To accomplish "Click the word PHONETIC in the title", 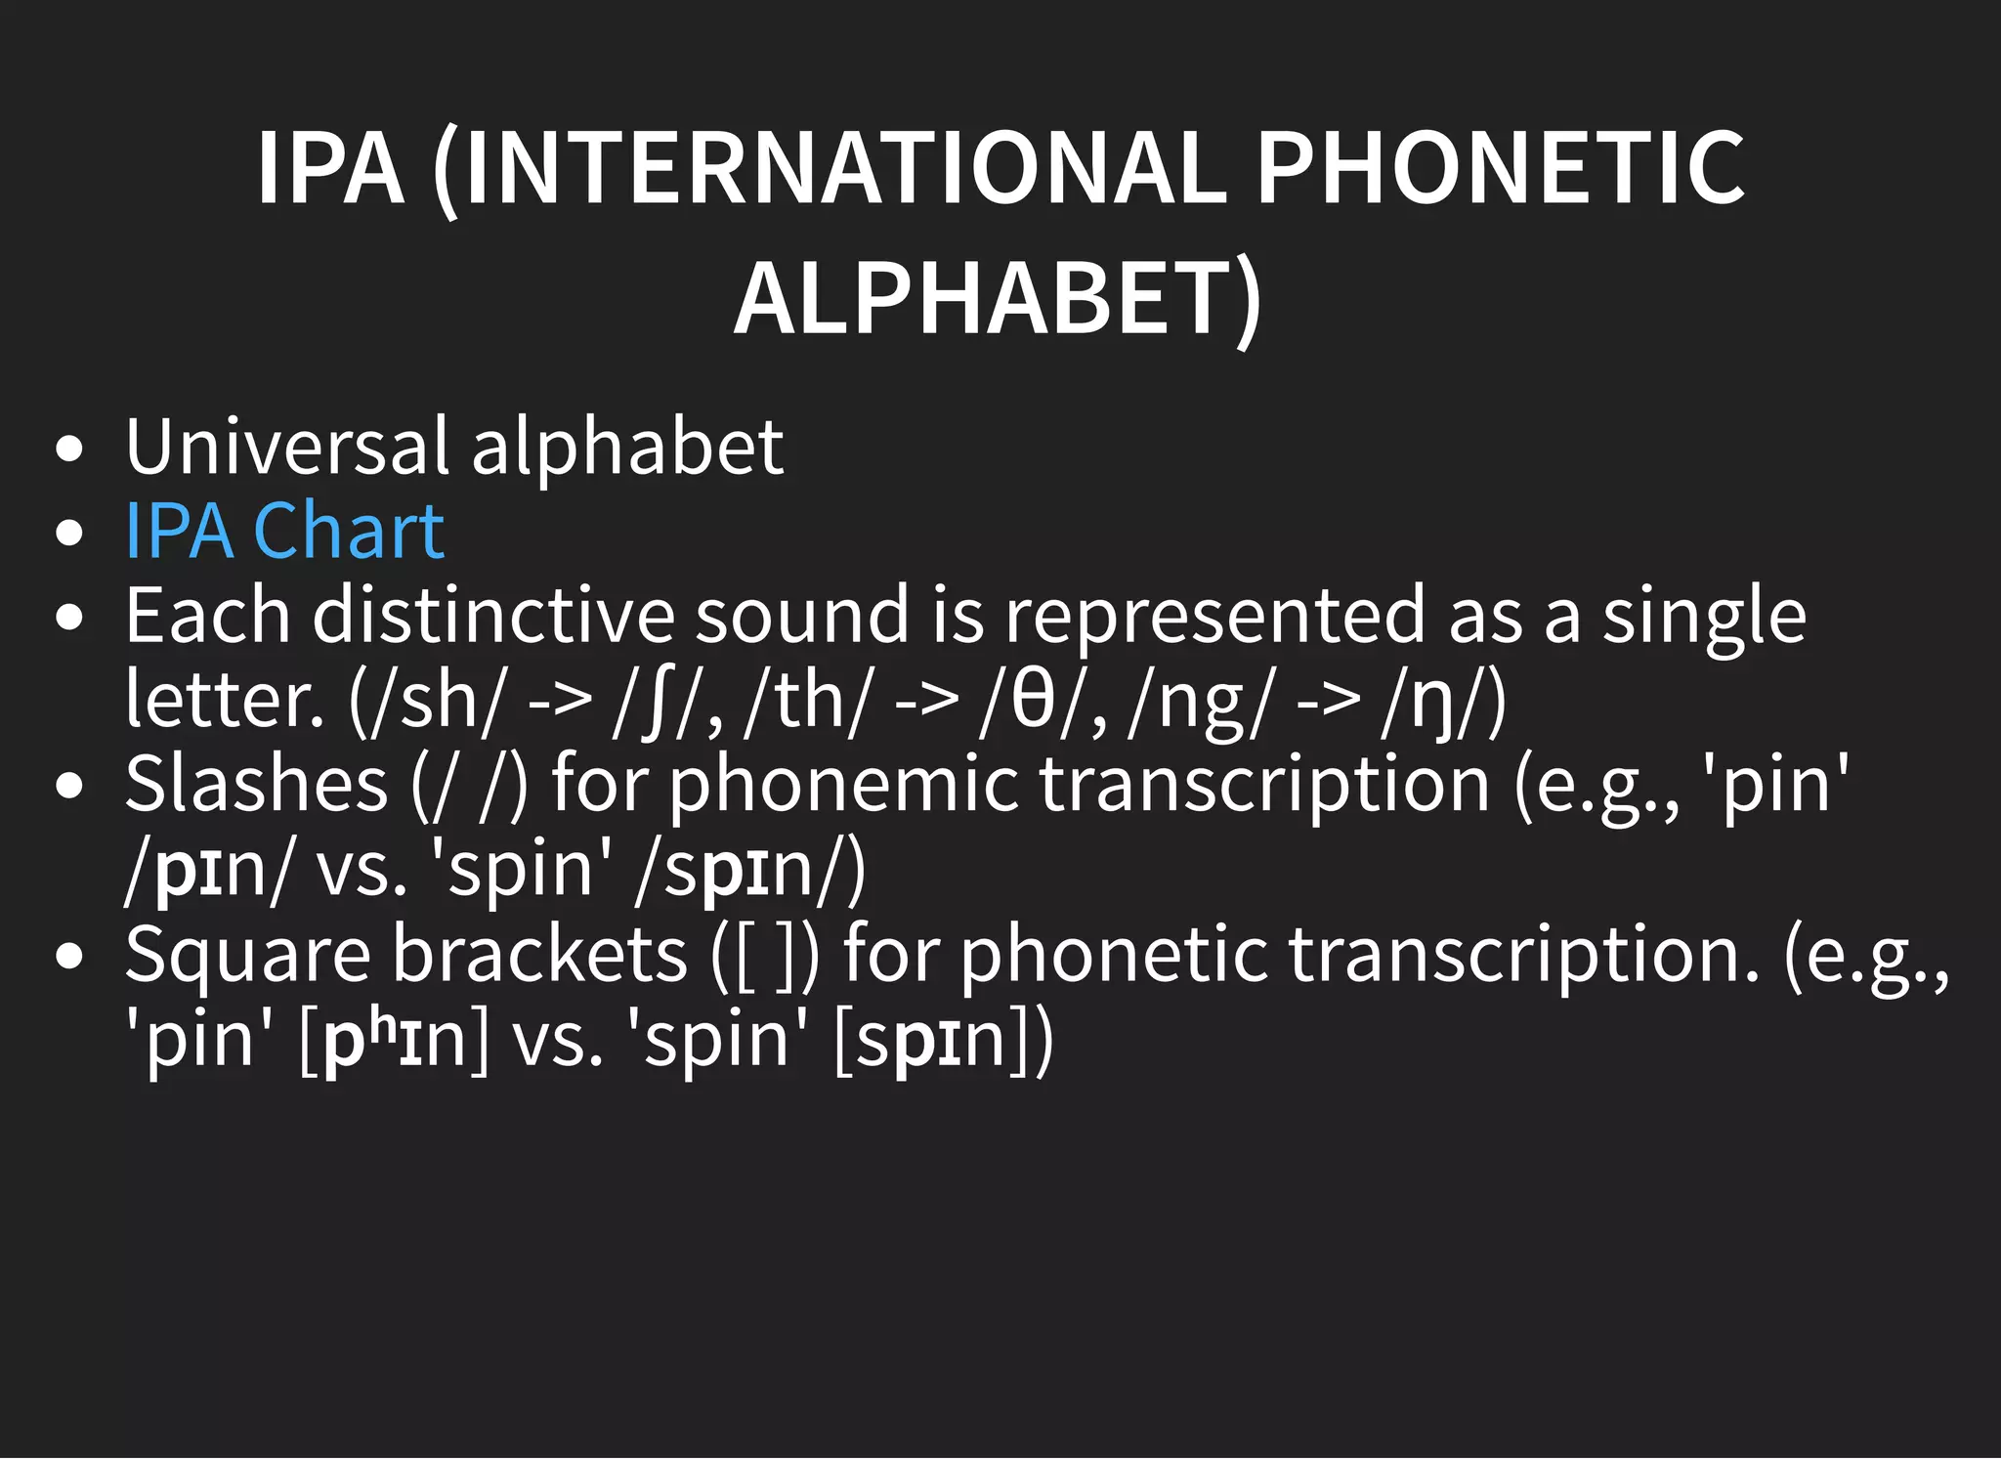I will pyautogui.click(x=1499, y=168).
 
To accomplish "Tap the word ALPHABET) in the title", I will pyautogui.click(x=998, y=299).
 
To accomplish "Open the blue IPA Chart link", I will pyautogui.click(x=284, y=531).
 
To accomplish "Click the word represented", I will pyautogui.click(x=1215, y=616).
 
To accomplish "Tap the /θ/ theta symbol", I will pyautogui.click(x=1032, y=700).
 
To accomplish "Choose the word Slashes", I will pyautogui.click(x=257, y=784).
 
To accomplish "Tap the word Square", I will pyautogui.click(x=248, y=954).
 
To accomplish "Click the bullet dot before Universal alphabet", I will pyautogui.click(x=69, y=450).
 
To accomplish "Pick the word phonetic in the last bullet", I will pyautogui.click(x=1113, y=954).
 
